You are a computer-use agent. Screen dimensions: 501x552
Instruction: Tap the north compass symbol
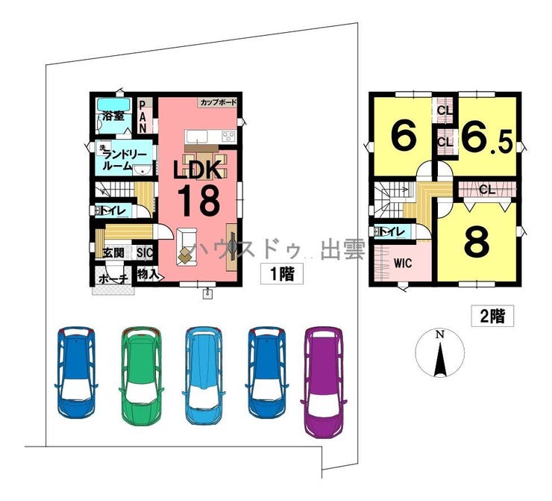coord(441,355)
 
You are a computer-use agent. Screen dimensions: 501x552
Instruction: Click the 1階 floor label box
coord(282,274)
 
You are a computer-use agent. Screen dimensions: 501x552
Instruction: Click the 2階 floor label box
coord(492,316)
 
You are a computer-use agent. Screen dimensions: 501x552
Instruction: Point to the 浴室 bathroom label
coord(113,117)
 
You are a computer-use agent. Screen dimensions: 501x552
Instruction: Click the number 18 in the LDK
coord(197,199)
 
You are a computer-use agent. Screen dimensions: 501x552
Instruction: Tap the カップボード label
coord(218,102)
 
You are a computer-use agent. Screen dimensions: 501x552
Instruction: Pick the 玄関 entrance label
coord(113,253)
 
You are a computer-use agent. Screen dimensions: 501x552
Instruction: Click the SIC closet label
coord(145,253)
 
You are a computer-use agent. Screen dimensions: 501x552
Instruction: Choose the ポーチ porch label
coord(113,278)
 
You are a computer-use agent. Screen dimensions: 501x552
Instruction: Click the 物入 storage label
coord(148,274)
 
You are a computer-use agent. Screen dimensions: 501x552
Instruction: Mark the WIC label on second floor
coord(403,263)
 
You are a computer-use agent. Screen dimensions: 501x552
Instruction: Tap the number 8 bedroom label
coord(477,240)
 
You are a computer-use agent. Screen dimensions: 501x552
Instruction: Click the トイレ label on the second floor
coord(393,232)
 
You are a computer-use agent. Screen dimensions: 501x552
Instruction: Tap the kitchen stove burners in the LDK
coord(228,136)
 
